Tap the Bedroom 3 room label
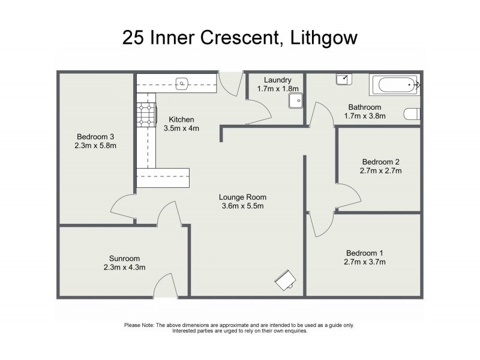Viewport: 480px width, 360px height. click(x=94, y=136)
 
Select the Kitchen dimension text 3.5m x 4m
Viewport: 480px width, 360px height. click(x=181, y=128)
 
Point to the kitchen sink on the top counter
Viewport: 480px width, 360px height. click(x=182, y=83)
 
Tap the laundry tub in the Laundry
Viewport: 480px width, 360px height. click(x=294, y=100)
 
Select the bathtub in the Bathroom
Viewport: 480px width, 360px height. click(x=394, y=86)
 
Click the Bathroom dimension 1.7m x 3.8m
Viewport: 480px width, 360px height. click(x=365, y=116)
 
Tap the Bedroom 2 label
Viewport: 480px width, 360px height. click(x=380, y=161)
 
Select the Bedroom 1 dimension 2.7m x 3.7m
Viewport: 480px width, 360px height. click(x=365, y=262)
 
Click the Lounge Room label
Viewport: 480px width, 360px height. click(x=242, y=197)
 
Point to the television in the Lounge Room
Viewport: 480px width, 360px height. click(x=285, y=280)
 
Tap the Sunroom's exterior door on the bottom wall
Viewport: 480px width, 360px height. click(x=164, y=285)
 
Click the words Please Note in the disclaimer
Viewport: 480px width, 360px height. click(x=139, y=325)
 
